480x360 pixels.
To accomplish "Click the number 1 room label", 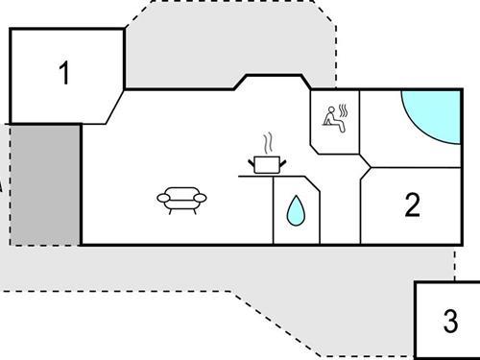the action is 64,74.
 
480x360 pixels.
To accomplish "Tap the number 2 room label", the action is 413,205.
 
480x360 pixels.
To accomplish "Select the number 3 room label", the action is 450,321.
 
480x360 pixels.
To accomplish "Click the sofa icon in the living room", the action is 180,200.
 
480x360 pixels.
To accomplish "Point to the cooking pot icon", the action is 266,164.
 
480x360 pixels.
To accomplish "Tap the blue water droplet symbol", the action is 295,210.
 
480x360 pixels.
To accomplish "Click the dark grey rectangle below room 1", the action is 45,183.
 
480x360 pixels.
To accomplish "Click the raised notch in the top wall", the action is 270,77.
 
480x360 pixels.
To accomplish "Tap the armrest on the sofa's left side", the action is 160,199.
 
